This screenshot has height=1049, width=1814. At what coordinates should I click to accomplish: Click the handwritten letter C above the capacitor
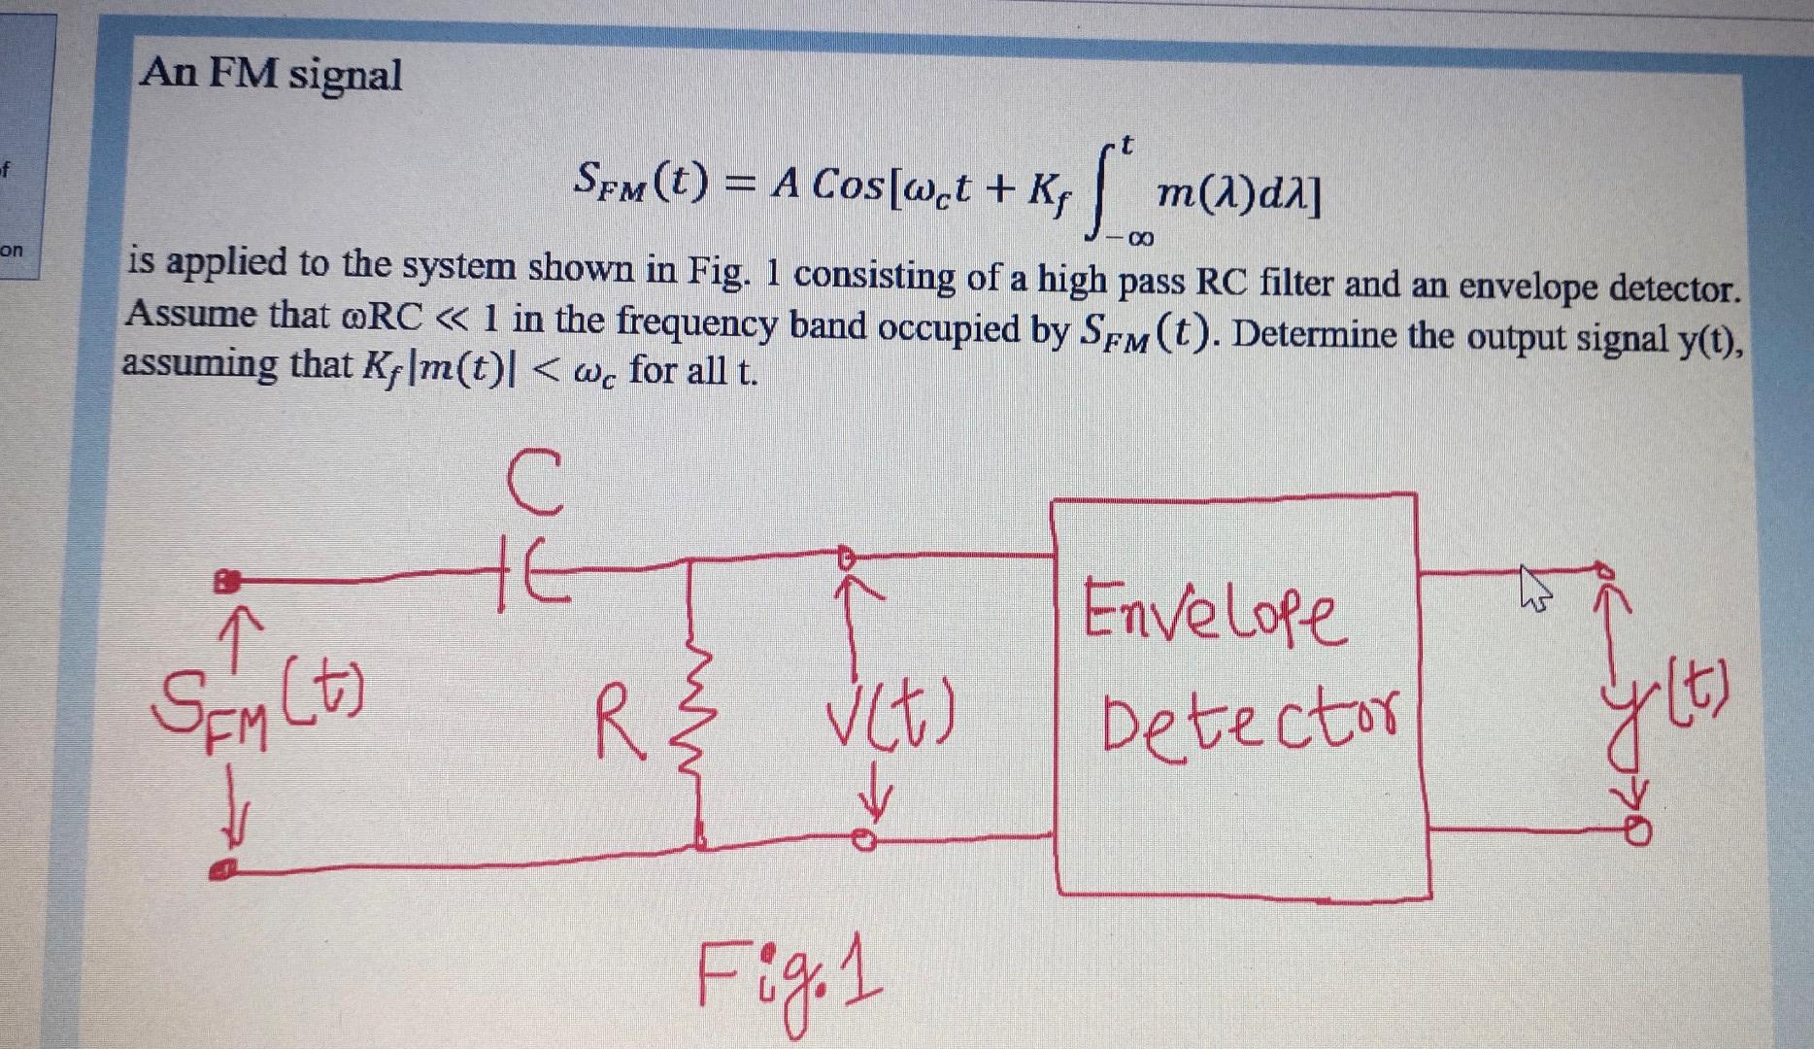point(534,483)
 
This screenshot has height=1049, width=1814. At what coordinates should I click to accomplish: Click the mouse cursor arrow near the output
point(1532,589)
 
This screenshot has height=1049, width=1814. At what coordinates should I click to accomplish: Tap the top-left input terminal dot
point(226,582)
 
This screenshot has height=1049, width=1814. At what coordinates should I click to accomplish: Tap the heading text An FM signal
point(271,75)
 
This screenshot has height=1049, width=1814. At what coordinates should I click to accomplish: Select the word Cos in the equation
point(851,182)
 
